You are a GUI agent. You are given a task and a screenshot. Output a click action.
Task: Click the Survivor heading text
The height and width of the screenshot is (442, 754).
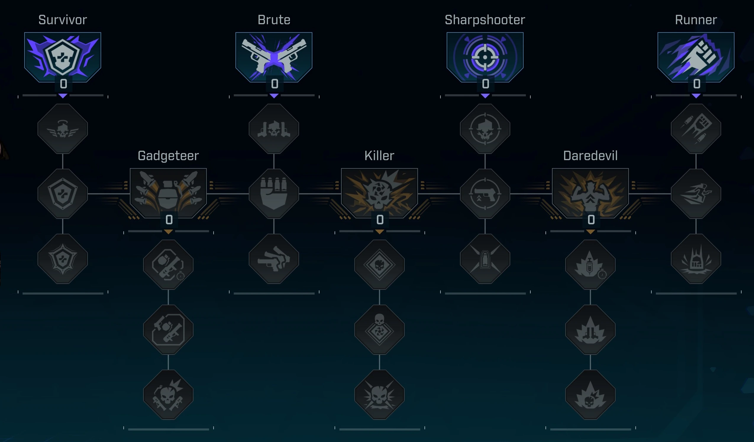[62, 20]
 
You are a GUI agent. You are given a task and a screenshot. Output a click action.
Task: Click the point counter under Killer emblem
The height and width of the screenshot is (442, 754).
[380, 220]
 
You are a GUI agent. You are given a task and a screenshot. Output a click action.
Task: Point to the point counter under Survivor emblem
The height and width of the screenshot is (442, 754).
[63, 84]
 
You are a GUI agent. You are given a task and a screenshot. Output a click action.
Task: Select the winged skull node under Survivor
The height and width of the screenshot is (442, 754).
[62, 129]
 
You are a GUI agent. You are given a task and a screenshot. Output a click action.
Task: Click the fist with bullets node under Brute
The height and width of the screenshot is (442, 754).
[274, 194]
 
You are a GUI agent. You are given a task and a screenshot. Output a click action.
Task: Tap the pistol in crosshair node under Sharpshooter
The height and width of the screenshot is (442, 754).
[485, 194]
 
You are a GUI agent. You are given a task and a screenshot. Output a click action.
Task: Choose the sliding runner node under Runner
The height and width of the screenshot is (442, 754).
[696, 194]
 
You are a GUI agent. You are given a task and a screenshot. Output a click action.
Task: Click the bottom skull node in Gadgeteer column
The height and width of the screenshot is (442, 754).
[168, 394]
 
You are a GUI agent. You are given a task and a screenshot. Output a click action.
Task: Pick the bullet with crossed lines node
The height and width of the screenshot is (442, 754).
[485, 259]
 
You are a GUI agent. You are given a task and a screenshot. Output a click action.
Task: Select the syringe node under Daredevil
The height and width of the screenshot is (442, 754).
[590, 264]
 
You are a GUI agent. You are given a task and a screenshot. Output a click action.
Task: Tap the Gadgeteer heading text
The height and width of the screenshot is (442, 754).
[168, 156]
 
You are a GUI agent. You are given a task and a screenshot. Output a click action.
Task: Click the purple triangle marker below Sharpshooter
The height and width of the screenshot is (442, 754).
[485, 96]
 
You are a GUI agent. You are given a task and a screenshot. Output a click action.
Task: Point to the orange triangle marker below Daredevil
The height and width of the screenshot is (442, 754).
[590, 232]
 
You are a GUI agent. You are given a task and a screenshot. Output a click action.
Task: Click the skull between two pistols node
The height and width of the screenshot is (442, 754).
[274, 129]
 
